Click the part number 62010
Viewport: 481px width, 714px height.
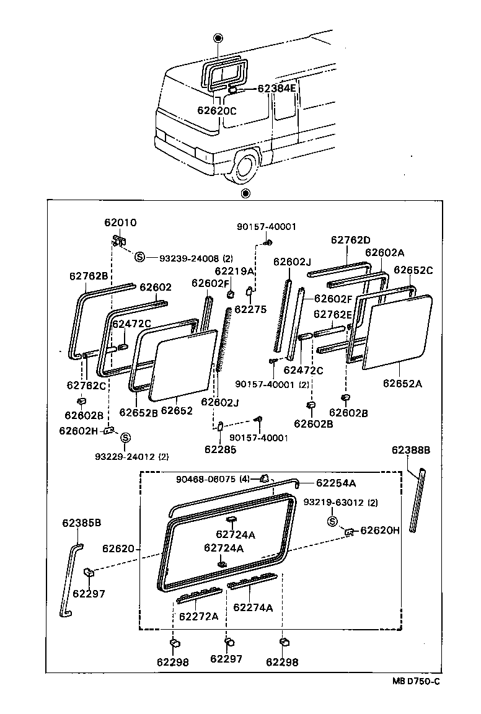[120, 223]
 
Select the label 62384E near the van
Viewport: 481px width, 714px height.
[277, 89]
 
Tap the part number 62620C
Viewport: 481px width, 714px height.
[217, 111]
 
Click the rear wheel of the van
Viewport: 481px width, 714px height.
[245, 166]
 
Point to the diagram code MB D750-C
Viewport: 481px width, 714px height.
[415, 682]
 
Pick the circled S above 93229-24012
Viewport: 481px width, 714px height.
[125, 438]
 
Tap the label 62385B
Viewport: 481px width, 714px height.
[81, 523]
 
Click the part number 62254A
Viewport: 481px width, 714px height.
[336, 483]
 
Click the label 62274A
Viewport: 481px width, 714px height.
[253, 607]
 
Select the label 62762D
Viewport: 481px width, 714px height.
[350, 240]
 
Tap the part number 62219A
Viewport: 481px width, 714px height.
[235, 271]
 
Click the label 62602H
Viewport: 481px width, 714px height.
[79, 431]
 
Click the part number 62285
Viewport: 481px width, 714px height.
[221, 450]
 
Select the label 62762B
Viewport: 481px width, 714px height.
[88, 276]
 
